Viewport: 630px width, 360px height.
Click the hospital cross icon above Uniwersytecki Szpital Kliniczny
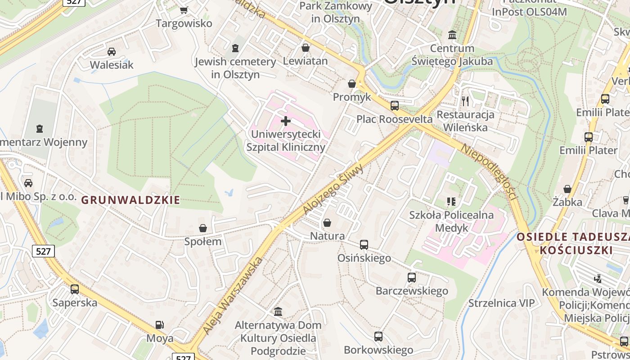click(x=286, y=121)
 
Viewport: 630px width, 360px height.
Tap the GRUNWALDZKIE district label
click(x=131, y=200)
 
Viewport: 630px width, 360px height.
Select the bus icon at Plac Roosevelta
click(x=395, y=106)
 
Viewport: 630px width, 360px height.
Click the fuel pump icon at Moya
click(x=159, y=324)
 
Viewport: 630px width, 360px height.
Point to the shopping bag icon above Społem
click(x=203, y=228)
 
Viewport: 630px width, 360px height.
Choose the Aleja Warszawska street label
click(x=232, y=295)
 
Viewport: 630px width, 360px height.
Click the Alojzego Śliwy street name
click(x=333, y=188)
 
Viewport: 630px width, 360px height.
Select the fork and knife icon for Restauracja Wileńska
click(x=465, y=101)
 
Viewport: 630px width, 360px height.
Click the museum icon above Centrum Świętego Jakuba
click(x=452, y=35)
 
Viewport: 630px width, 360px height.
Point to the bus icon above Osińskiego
click(x=364, y=245)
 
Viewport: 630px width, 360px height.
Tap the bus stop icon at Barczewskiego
click(x=412, y=278)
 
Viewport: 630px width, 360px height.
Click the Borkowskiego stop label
click(x=378, y=350)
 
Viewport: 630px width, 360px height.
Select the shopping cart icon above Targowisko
click(x=184, y=10)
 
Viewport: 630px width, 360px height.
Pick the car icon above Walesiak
click(x=112, y=52)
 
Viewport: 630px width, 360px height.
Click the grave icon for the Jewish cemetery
click(x=235, y=48)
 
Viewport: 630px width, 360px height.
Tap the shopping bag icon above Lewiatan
click(x=306, y=47)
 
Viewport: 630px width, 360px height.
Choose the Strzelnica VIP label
click(x=502, y=303)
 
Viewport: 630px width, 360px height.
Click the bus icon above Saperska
click(x=75, y=289)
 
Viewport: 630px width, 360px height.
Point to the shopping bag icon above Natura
click(x=327, y=223)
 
